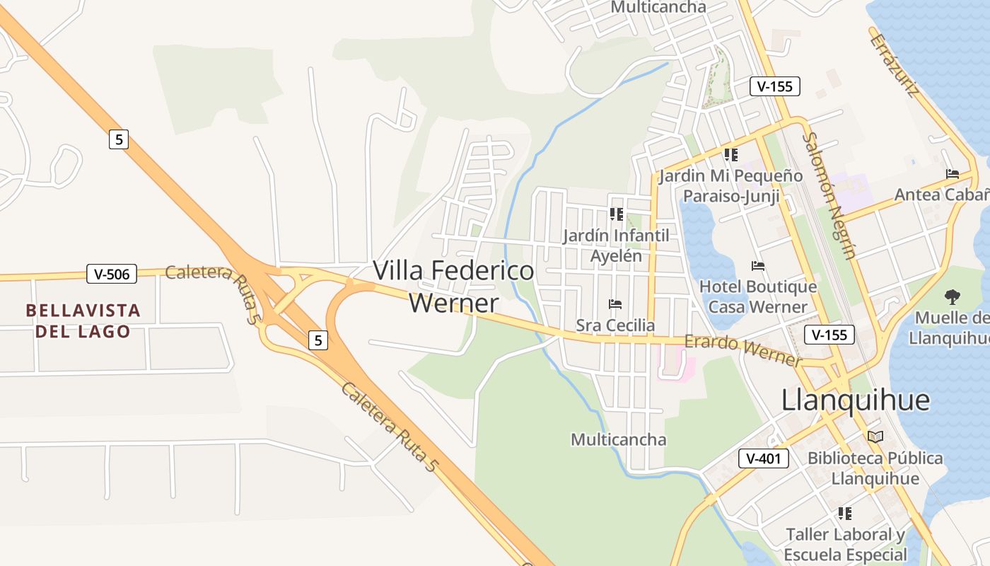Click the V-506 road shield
pos(112,274)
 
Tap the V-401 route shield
pos(764,458)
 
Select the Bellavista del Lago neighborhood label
pos(83,320)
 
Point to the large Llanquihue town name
pos(855,400)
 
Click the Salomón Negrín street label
pos(830,196)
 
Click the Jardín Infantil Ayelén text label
pos(616,245)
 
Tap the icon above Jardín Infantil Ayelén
pos(616,214)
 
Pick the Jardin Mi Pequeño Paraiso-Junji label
pos(730,185)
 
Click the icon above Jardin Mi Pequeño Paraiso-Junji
pos(730,154)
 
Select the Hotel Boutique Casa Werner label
pos(758,296)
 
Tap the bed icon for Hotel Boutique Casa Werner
pos(758,266)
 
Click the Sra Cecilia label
pos(615,325)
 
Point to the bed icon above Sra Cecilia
pos(615,304)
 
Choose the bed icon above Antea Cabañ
pos(953,173)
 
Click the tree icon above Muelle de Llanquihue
pos(953,297)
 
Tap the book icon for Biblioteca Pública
pos(875,437)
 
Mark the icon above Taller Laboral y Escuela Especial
pos(845,513)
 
